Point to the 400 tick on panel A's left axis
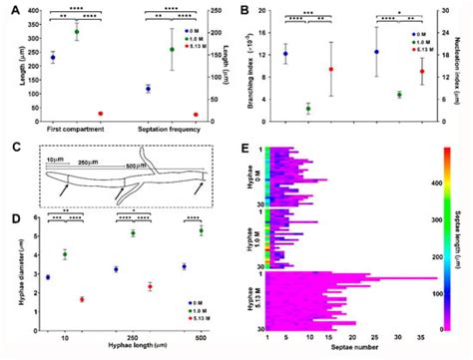35,10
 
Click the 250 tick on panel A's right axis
221,10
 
